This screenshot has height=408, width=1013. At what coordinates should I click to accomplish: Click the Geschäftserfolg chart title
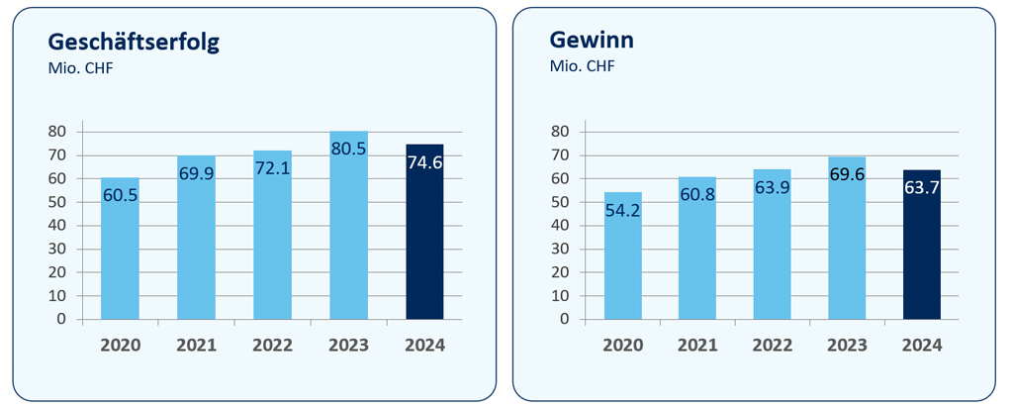pyautogui.click(x=134, y=42)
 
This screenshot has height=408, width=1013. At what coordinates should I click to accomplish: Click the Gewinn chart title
pyautogui.click(x=592, y=42)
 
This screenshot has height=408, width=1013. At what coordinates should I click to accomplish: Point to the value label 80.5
pyautogui.click(x=348, y=149)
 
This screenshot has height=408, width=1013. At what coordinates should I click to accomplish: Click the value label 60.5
pyautogui.click(x=120, y=195)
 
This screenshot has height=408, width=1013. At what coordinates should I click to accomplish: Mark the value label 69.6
pyautogui.click(x=847, y=174)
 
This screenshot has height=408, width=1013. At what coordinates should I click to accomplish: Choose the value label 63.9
pyautogui.click(x=772, y=187)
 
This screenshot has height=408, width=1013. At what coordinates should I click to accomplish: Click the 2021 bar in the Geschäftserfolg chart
pyautogui.click(x=196, y=248)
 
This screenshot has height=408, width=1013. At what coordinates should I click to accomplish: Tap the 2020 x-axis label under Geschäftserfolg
pyautogui.click(x=120, y=346)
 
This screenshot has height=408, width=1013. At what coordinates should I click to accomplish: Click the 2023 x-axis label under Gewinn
pyautogui.click(x=847, y=346)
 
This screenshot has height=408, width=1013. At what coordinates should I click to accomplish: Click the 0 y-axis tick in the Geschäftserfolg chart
pyautogui.click(x=61, y=319)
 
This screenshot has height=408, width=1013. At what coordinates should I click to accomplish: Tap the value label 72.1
pyautogui.click(x=272, y=167)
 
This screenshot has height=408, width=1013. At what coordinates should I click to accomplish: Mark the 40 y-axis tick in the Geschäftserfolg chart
pyautogui.click(x=57, y=225)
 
